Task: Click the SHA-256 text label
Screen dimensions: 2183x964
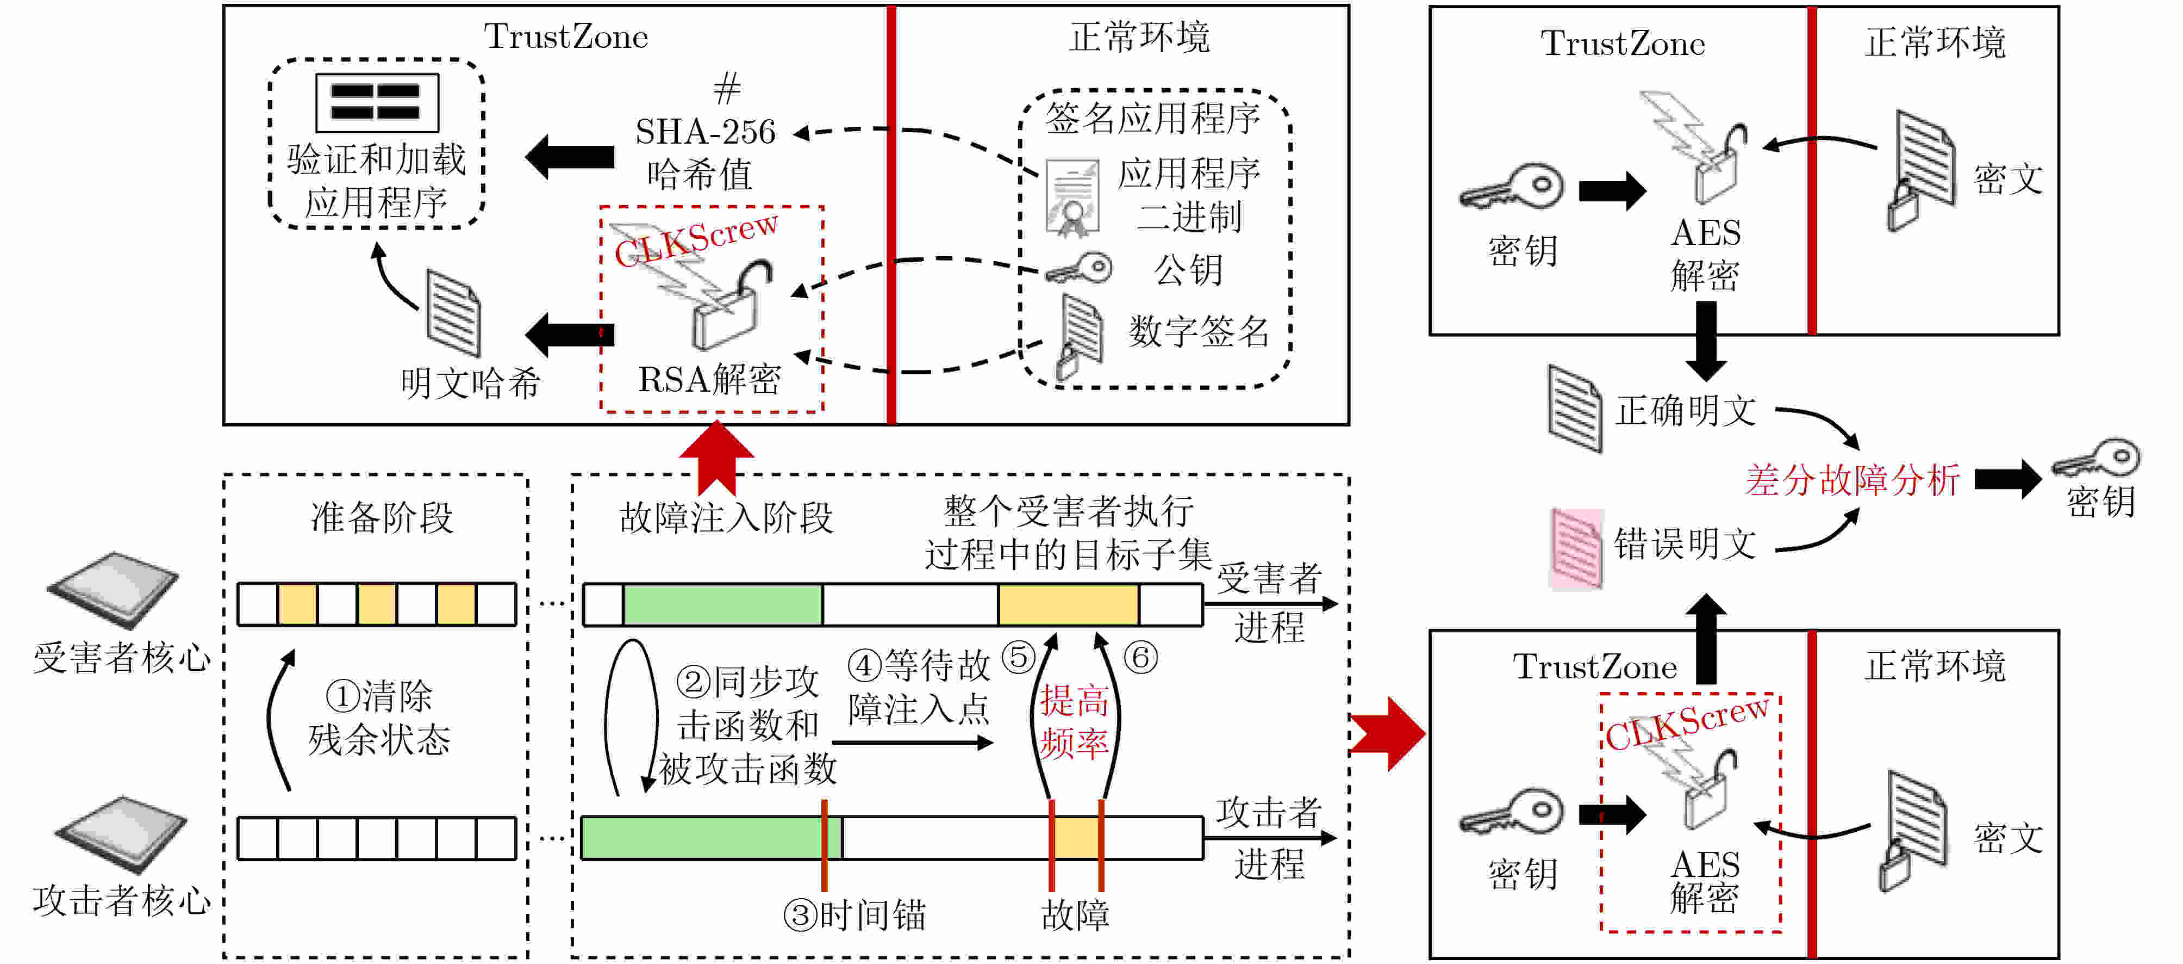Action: [x=705, y=132]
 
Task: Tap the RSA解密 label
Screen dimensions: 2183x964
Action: [x=709, y=379]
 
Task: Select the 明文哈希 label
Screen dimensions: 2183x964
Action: [x=470, y=383]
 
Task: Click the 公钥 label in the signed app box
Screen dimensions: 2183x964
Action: [x=1188, y=270]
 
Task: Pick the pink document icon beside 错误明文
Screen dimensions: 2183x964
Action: [x=1575, y=548]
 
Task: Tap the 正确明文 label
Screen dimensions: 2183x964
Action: [x=1686, y=411]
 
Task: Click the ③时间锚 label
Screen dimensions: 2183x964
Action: [x=854, y=916]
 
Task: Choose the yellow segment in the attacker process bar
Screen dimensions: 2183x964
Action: [x=1076, y=838]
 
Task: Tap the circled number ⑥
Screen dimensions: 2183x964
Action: [x=1140, y=657]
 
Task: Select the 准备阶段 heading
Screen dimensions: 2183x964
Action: [x=382, y=517]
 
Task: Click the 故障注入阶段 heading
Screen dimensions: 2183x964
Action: [x=726, y=517]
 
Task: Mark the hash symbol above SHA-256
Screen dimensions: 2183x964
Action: [x=726, y=88]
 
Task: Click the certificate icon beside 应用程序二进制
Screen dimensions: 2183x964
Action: [x=1073, y=197]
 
